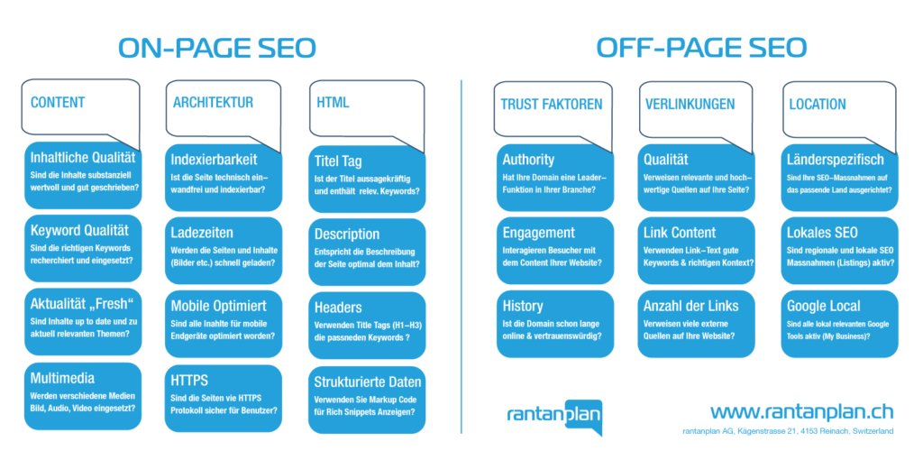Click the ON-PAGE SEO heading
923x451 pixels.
pos(217,48)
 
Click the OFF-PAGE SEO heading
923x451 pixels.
pos(701,48)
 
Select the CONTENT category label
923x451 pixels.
pos(58,103)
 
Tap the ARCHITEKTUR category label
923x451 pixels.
pos(213,103)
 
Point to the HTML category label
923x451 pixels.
pos(333,103)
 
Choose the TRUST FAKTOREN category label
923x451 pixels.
pos(552,105)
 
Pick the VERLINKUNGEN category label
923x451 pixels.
pos(690,105)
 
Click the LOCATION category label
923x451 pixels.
pos(818,105)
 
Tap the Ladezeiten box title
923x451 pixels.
pos(202,233)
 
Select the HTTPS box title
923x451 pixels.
pos(189,380)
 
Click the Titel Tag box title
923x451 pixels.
pos(338,161)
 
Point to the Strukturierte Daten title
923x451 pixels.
pos(368,380)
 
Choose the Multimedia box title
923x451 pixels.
pos(62,377)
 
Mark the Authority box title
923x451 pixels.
pos(528,160)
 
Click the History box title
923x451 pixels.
pos(523,306)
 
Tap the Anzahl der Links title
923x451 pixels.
pos(690,306)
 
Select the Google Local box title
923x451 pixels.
pos(824,306)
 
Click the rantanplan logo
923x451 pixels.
pos(554,416)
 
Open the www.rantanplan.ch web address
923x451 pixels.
pos(801,410)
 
